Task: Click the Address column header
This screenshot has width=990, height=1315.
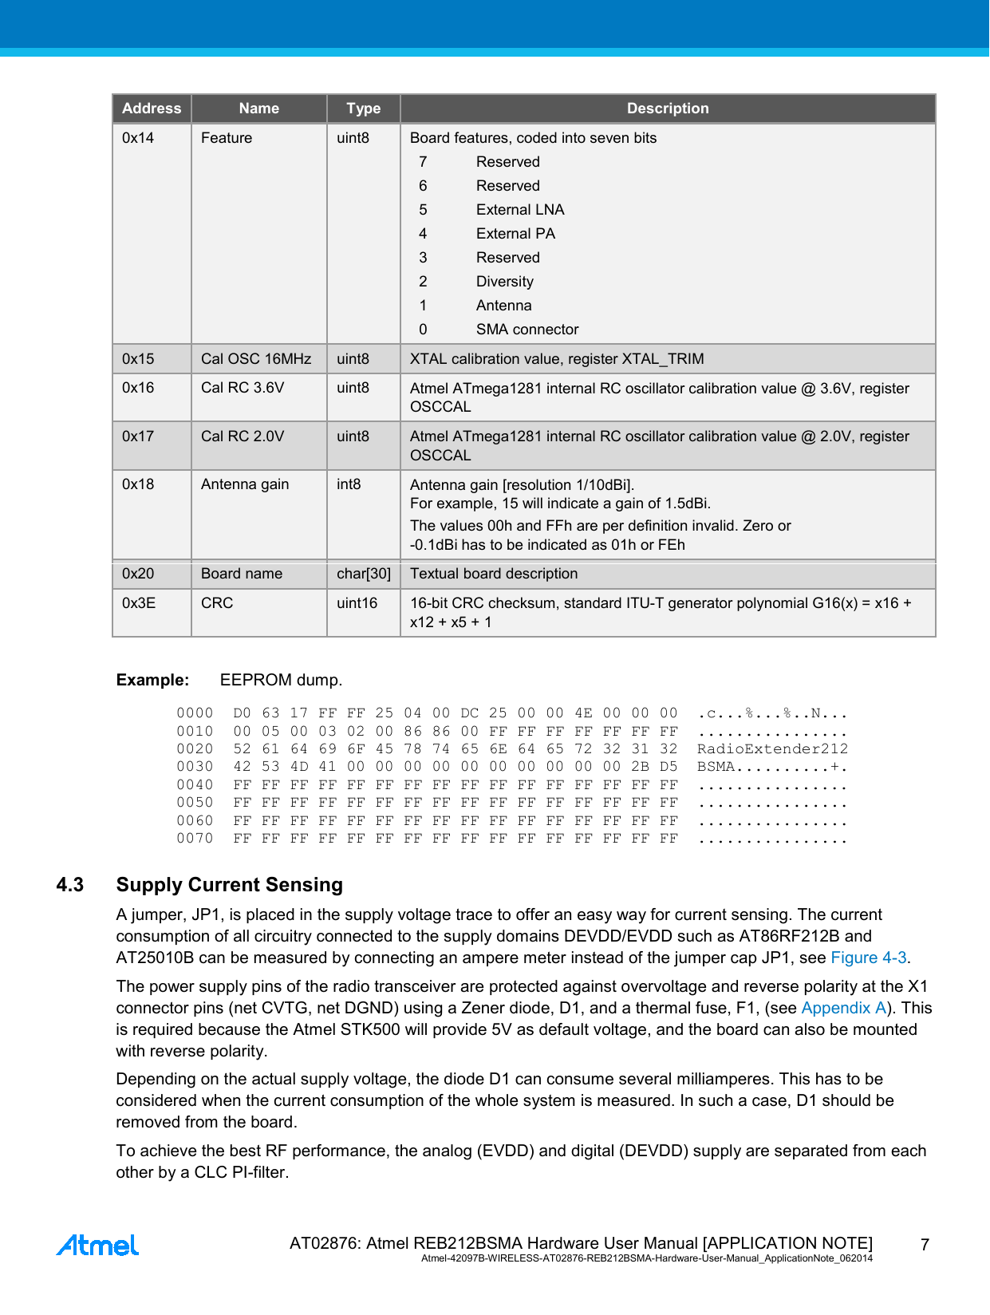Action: (x=152, y=109)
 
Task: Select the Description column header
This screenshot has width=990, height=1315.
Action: (x=668, y=109)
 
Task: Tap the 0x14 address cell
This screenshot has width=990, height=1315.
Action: (x=138, y=138)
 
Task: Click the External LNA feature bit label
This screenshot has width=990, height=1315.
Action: (x=520, y=210)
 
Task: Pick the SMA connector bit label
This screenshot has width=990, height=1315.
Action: (x=527, y=330)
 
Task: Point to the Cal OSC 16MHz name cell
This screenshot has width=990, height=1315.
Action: (x=256, y=359)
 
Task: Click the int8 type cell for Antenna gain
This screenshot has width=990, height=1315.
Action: (x=349, y=484)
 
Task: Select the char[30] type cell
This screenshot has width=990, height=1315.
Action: (x=364, y=574)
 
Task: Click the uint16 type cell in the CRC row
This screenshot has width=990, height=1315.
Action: (x=357, y=603)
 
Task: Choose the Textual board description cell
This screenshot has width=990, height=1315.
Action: (x=494, y=574)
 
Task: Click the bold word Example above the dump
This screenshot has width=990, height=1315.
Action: (x=152, y=680)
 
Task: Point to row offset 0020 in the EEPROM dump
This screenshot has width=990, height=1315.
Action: (x=195, y=749)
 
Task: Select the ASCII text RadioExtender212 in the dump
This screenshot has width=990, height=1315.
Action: (x=772, y=749)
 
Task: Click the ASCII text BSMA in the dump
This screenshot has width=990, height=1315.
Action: (x=716, y=767)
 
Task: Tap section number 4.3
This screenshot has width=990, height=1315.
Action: (x=70, y=885)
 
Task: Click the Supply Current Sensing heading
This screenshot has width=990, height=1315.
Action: (x=230, y=885)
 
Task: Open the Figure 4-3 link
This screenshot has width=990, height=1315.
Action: (x=868, y=958)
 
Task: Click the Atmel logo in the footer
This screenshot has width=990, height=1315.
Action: (x=97, y=1245)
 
